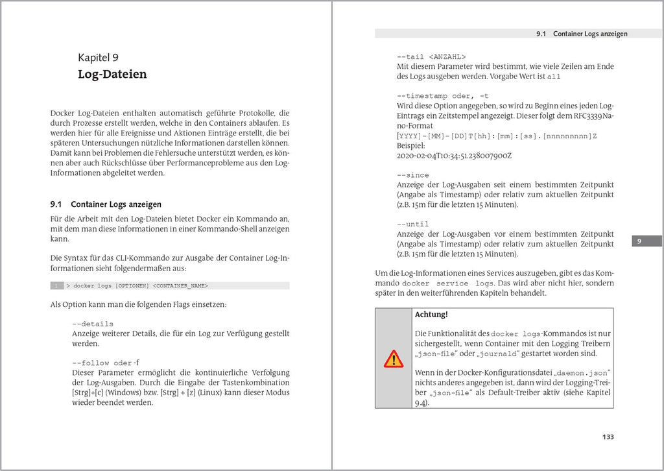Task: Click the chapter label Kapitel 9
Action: tap(98, 58)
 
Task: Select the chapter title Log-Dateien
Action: tap(112, 74)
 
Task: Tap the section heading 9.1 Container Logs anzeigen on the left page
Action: tap(106, 204)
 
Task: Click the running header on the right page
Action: tap(582, 34)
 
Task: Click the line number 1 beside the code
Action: tap(57, 285)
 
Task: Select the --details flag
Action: tap(93, 324)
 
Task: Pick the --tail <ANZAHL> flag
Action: tap(431, 56)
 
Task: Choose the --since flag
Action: tap(412, 175)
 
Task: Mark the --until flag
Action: tap(412, 224)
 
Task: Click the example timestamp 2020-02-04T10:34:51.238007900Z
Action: tap(454, 156)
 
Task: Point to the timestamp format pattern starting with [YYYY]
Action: tap(496, 136)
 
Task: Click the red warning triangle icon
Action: tap(393, 358)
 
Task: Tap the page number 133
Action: tap(607, 437)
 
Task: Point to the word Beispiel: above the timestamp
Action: tap(410, 146)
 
